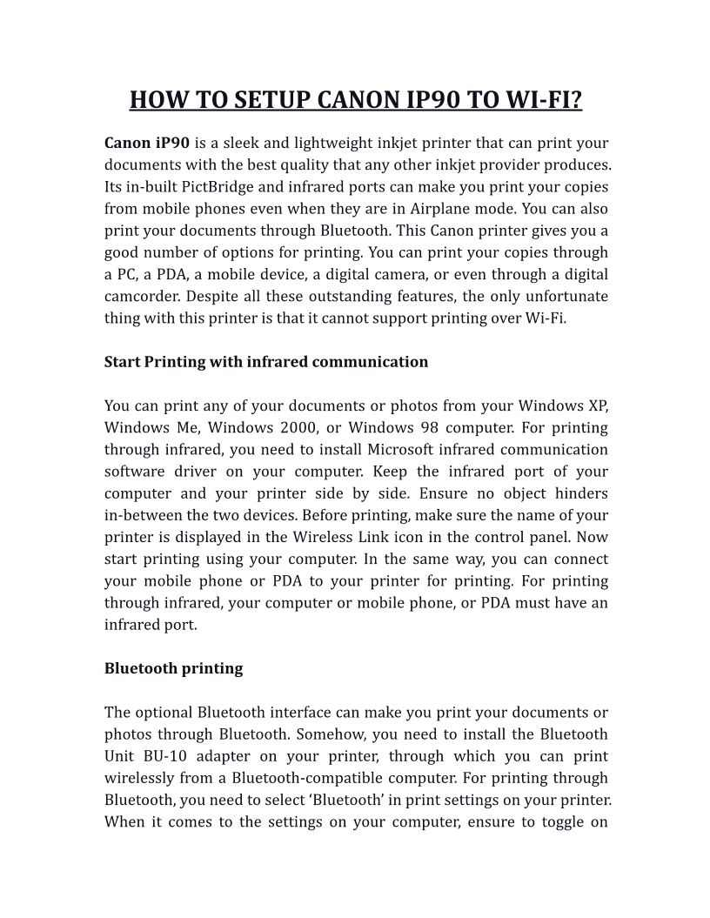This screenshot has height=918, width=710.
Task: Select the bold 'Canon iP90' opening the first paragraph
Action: click(147, 143)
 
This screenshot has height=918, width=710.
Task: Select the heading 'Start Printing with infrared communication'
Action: click(266, 362)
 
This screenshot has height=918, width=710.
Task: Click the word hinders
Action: click(579, 493)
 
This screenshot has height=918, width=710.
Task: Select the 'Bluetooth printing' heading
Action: click(173, 668)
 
